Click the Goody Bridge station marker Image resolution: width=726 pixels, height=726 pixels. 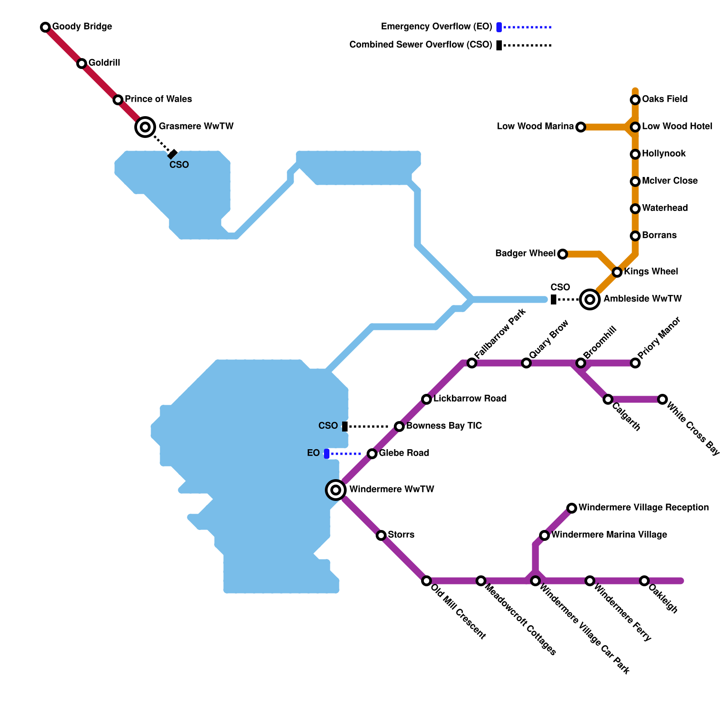point(45,27)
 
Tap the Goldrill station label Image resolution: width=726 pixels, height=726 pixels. point(104,63)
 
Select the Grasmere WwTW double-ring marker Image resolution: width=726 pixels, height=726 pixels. point(145,127)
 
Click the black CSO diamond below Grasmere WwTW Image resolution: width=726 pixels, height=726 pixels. point(172,154)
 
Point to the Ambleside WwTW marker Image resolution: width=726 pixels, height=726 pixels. point(590,299)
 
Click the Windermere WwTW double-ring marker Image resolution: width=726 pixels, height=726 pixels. point(336,490)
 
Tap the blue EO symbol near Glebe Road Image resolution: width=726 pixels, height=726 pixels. point(327,454)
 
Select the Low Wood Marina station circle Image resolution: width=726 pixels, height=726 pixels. point(581,127)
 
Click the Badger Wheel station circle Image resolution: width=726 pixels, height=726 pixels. point(563,254)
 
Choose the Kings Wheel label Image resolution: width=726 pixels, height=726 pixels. point(651,271)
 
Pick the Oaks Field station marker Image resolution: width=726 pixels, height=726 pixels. point(635,100)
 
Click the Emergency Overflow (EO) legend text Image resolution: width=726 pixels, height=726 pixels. point(437,26)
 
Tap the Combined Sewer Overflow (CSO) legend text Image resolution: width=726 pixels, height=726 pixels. point(421,44)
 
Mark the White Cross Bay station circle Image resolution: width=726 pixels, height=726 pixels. point(662,399)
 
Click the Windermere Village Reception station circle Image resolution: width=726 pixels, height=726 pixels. point(572,508)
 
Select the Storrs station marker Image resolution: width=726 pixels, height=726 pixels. point(381,535)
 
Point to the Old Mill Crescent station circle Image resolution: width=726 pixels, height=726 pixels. point(427,581)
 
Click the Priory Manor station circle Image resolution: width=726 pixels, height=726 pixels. point(635,363)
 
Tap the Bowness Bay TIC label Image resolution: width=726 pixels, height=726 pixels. point(444,426)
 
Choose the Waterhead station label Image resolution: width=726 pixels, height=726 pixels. point(665,208)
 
